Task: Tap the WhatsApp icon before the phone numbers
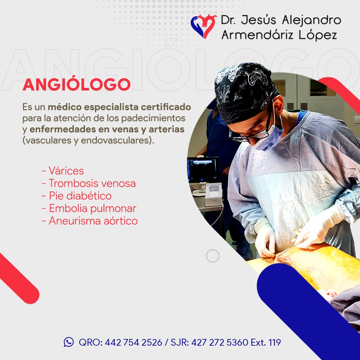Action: click(x=69, y=342)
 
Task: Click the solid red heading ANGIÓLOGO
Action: click(x=77, y=84)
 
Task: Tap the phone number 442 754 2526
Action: click(x=133, y=342)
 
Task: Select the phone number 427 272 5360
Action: click(x=220, y=342)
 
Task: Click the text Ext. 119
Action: click(x=266, y=342)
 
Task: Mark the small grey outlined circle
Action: click(x=213, y=256)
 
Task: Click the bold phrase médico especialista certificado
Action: click(x=119, y=107)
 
